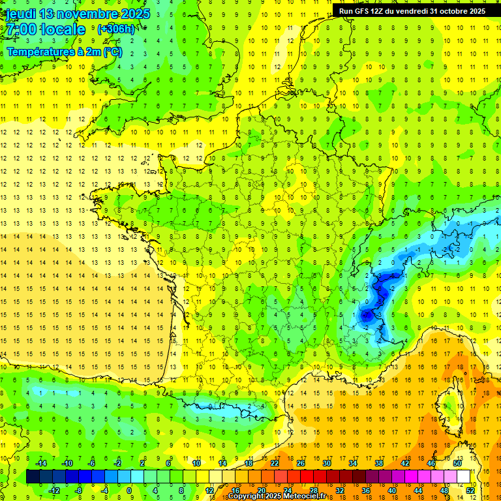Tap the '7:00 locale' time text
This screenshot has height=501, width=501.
coord(46,29)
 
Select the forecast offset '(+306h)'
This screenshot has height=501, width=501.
coord(115,29)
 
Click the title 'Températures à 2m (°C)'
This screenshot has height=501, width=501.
coord(65,52)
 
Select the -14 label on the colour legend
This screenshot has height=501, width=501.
coord(40,463)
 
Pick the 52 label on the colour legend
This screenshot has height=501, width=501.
coord(470,491)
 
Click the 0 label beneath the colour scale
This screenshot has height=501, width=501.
coord(129,491)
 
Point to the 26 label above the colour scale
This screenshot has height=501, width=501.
coord(301,463)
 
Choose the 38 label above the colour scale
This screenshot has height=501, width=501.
coord(379,463)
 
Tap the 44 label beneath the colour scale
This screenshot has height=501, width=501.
coord(418,491)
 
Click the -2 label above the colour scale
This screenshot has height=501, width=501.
coord(118,463)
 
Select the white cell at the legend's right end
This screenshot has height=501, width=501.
coord(464,477)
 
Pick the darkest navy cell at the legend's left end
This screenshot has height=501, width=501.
coord(33,477)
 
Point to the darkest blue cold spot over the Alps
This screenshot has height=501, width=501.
coord(367,314)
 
